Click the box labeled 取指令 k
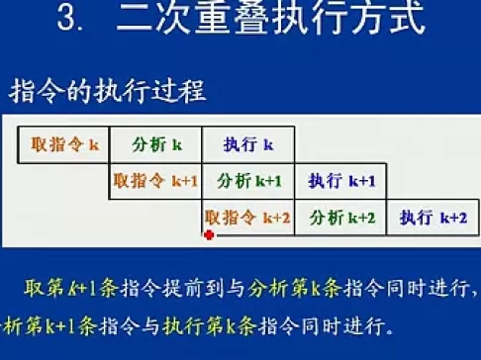pyautogui.click(x=61, y=145)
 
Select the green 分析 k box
pyautogui.click(x=156, y=145)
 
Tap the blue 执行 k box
pyautogui.click(x=248, y=145)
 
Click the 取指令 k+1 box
pyautogui.click(x=155, y=181)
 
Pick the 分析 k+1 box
pyautogui.click(x=248, y=181)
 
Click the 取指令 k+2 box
pyautogui.click(x=247, y=218)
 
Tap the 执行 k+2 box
pyautogui.click(x=433, y=218)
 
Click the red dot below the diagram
pyautogui.click(x=209, y=235)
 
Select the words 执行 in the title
pyautogui.click(x=315, y=21)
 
